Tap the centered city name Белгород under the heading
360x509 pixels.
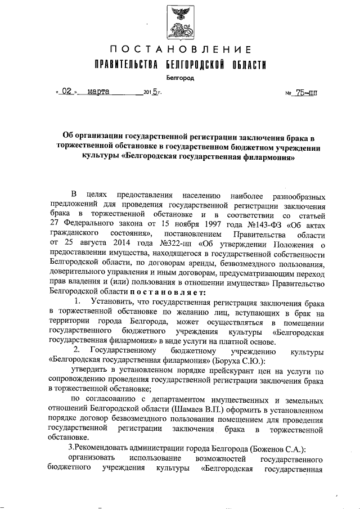(x=181, y=78)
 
